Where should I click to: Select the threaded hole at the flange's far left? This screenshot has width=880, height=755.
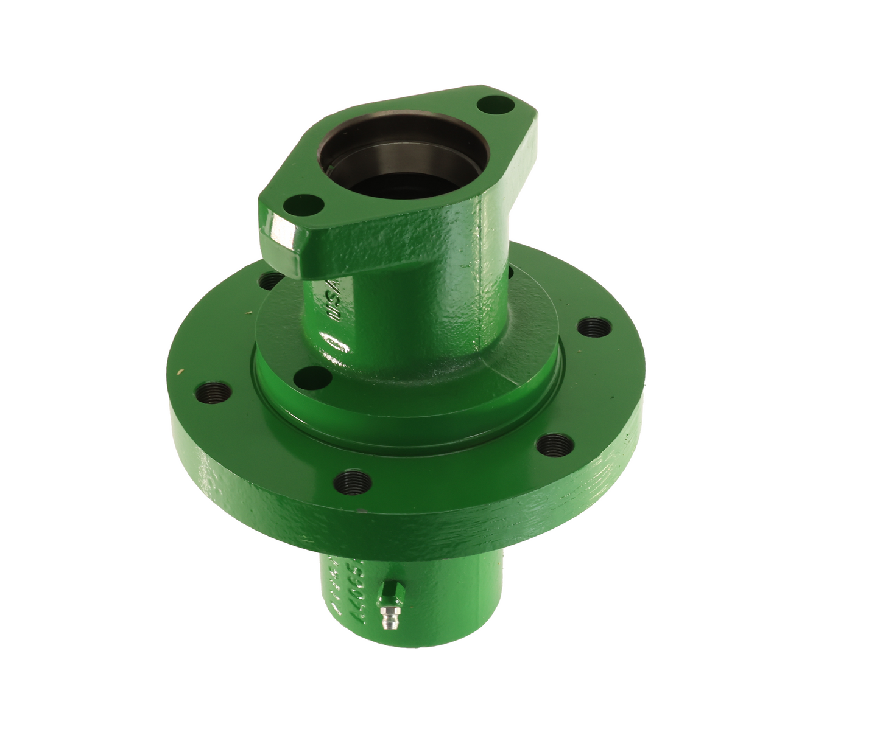214,389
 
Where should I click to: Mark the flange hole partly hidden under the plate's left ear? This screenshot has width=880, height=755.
269,280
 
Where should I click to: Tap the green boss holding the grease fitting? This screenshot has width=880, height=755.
388,590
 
